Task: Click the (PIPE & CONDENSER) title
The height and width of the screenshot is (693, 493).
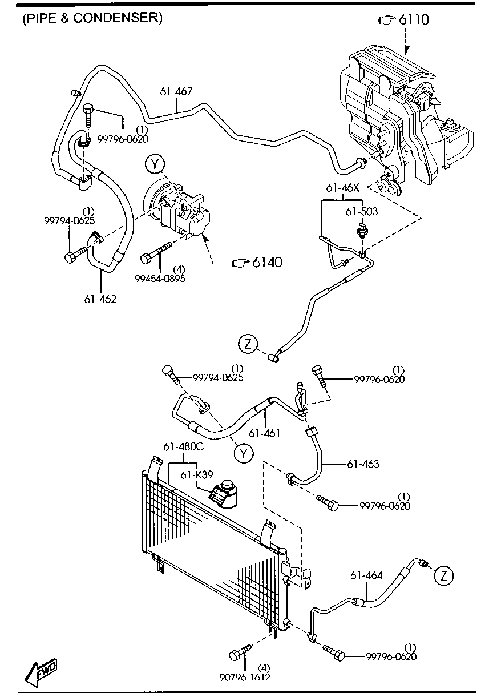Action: (92, 18)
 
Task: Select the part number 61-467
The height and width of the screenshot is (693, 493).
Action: (176, 91)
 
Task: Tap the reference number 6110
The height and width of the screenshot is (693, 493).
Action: (413, 20)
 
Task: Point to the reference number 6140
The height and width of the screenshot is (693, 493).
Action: (268, 263)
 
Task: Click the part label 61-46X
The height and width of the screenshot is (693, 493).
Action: (343, 187)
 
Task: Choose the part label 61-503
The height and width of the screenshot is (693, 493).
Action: (361, 211)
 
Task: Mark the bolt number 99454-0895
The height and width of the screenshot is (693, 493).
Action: (160, 278)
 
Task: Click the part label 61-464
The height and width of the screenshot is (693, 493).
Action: (366, 575)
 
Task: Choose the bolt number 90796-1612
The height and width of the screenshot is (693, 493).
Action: (245, 677)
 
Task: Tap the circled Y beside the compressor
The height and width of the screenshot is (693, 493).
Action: (154, 165)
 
